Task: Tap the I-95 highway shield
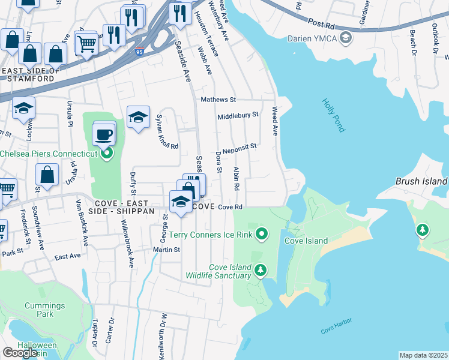(x=139, y=52)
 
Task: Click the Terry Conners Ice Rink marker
(x=261, y=233)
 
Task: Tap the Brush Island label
(x=421, y=181)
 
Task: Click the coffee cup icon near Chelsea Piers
(x=104, y=134)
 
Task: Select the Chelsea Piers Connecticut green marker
(x=107, y=154)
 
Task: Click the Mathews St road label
(x=218, y=100)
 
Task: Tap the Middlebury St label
(x=238, y=115)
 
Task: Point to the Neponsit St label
(x=240, y=146)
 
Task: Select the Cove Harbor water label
(x=336, y=331)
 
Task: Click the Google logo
(x=20, y=352)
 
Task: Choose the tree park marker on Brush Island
(x=423, y=230)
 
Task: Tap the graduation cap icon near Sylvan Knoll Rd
(x=138, y=118)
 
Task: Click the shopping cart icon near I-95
(x=86, y=43)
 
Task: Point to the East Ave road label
(x=67, y=256)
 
